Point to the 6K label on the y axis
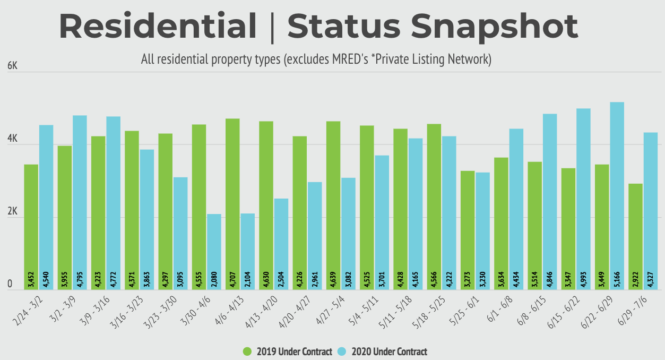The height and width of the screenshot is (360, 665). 12,66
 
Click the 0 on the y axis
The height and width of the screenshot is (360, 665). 10,285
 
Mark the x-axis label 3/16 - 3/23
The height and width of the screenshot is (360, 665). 132,310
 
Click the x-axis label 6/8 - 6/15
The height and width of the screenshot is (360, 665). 535,310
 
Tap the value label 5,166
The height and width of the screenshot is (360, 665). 617,279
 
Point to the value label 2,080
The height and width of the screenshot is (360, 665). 214,279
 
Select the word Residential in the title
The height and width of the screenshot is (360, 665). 158,25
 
